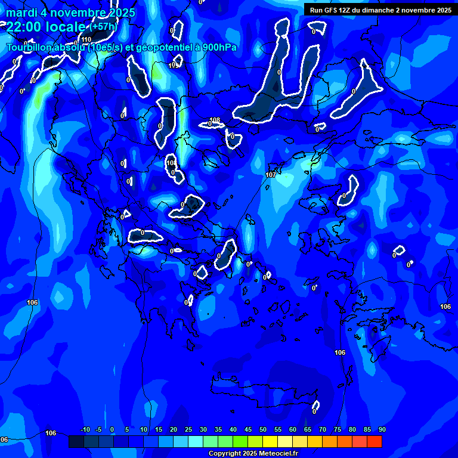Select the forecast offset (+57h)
pyautogui.click(x=104, y=27)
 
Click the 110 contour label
pyautogui.click(x=87, y=39)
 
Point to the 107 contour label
pyautogui.click(x=271, y=175)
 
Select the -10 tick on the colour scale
pyautogui.click(x=85, y=429)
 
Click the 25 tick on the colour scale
pyautogui.click(x=188, y=429)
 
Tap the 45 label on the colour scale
pyautogui.click(x=248, y=429)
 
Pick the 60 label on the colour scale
pyautogui.click(x=293, y=429)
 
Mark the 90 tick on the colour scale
pyautogui.click(x=382, y=429)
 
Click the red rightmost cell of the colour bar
pyautogui.click(x=374, y=441)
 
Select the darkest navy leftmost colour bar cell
pyautogui.click(x=76, y=441)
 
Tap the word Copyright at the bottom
pyautogui.click(x=226, y=453)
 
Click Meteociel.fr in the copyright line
pyautogui.click(x=277, y=453)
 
